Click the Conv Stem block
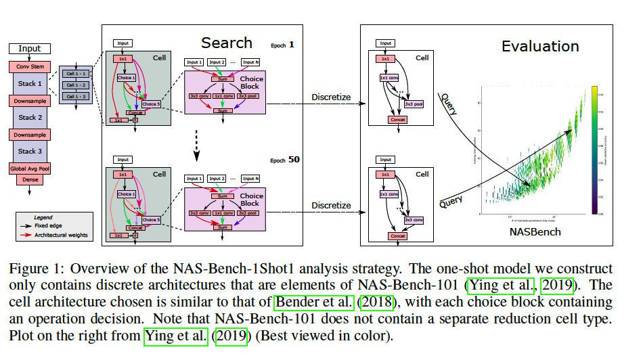(x=29, y=66)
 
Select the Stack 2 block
(x=29, y=117)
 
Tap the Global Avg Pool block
(x=29, y=167)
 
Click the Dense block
(x=29, y=179)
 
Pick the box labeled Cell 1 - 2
(x=76, y=85)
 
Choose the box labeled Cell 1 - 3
(x=76, y=97)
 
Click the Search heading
(x=227, y=43)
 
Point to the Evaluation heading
(x=539, y=47)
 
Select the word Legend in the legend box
(x=43, y=217)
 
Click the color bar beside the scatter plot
(x=593, y=150)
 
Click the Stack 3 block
(x=29, y=151)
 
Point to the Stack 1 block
(x=29, y=83)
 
